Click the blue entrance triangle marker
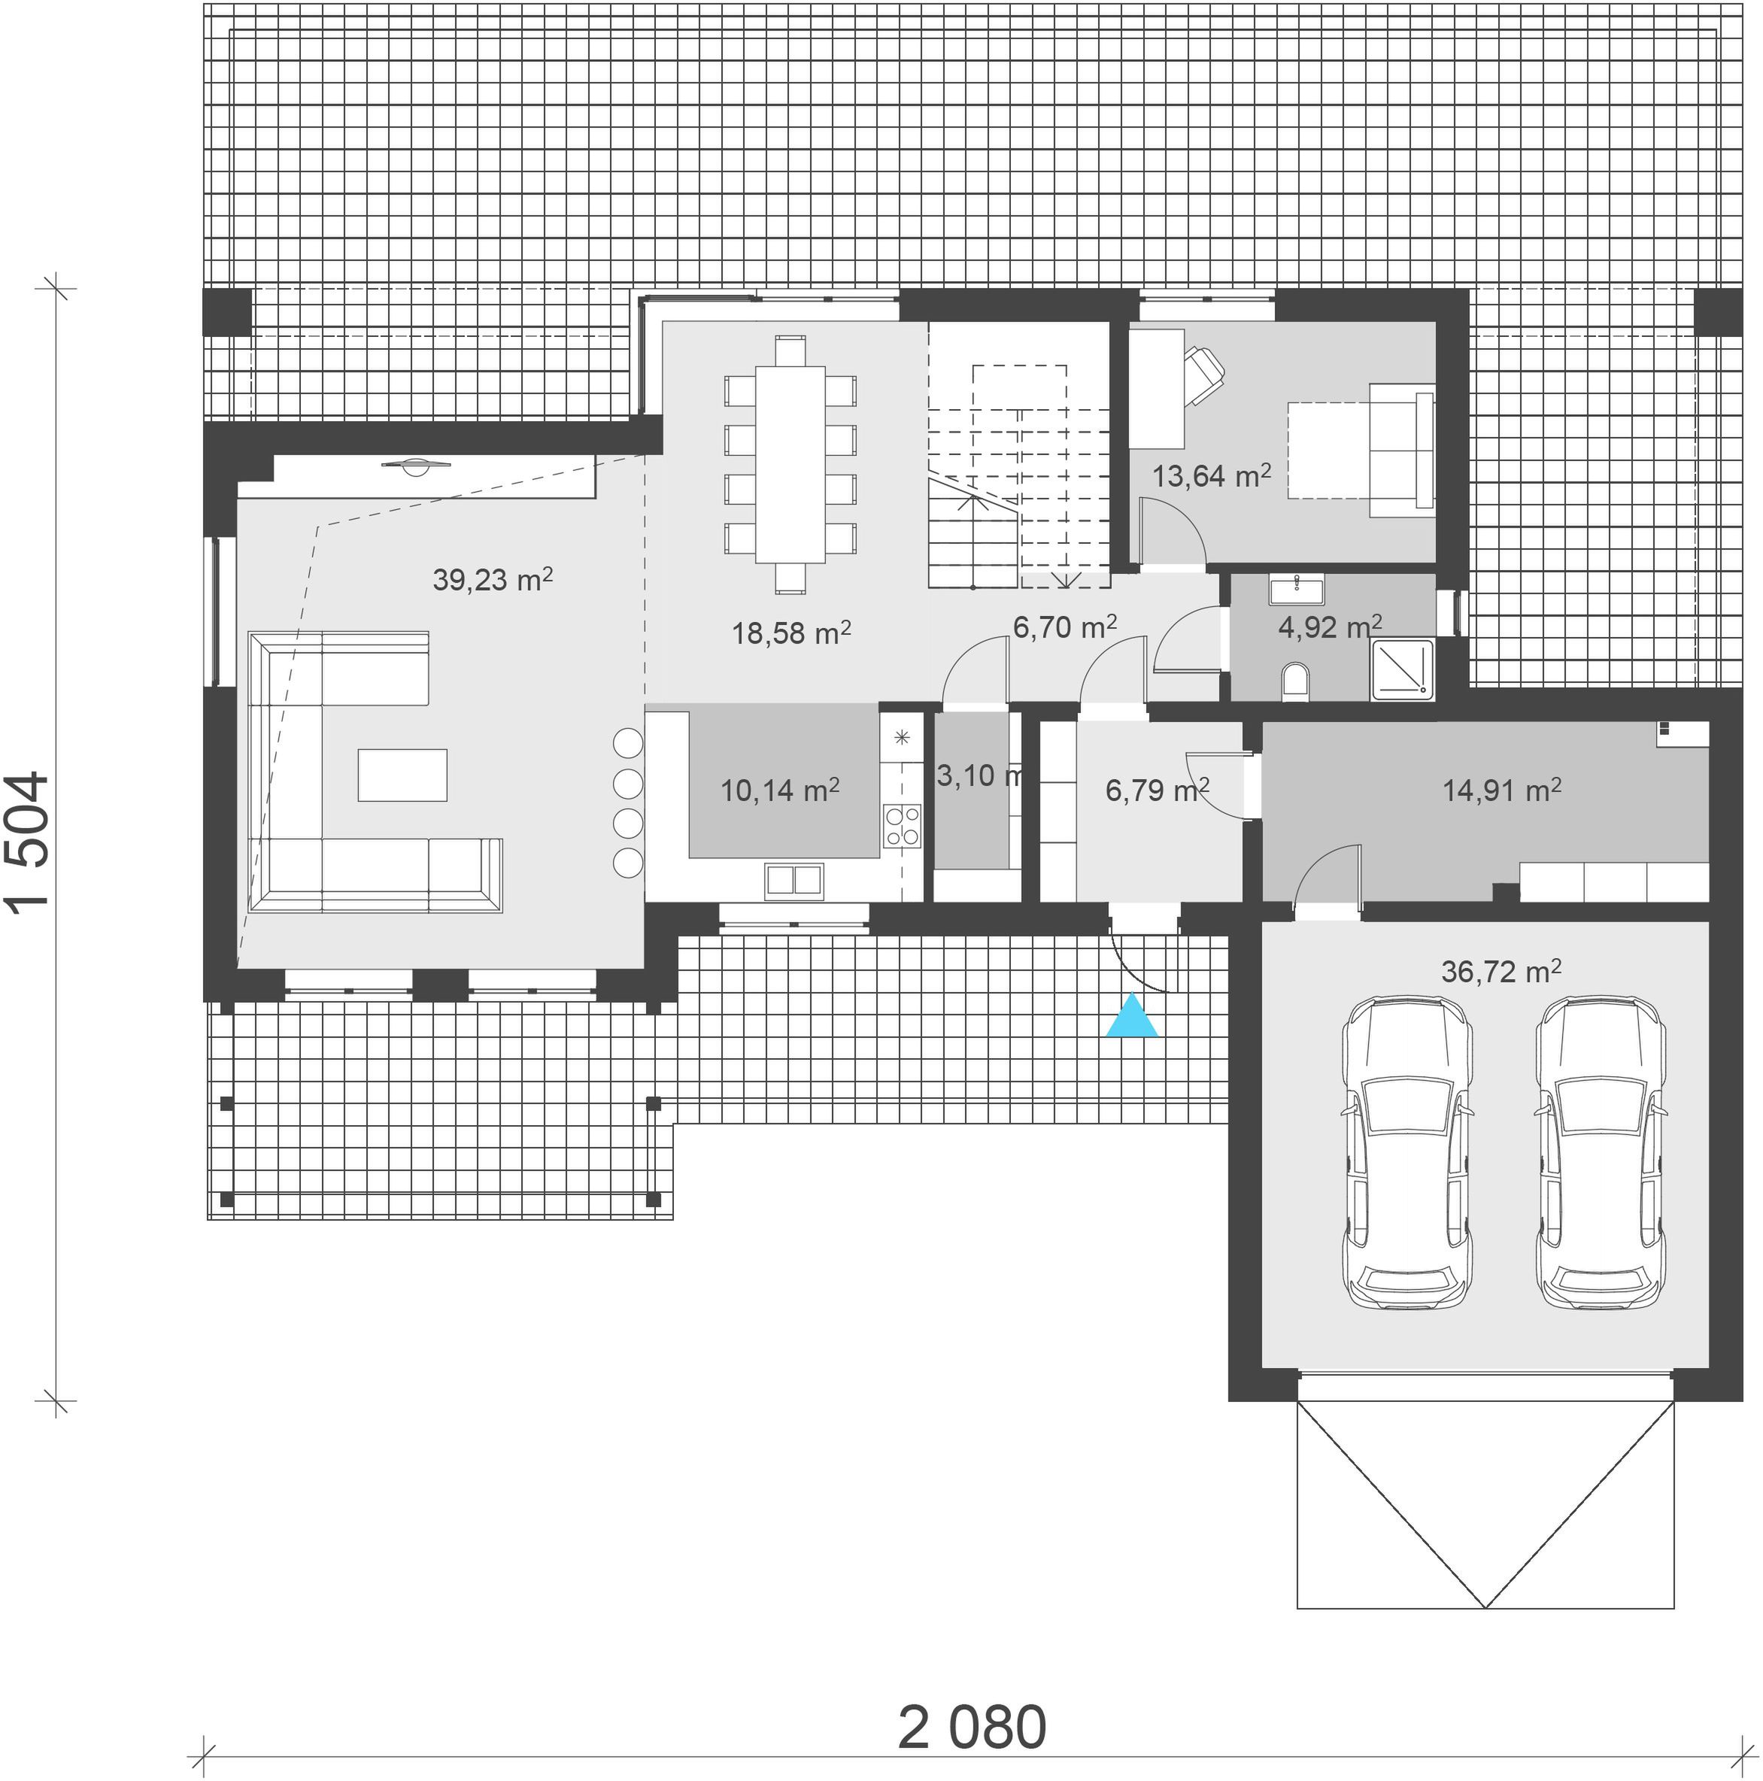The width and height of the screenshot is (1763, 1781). pos(1132,1017)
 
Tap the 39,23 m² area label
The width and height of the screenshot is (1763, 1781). pos(493,579)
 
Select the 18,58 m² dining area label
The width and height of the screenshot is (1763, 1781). pos(791,633)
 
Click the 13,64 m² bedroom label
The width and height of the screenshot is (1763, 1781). pos(1212,475)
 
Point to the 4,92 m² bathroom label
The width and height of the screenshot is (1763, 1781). pos(1330,627)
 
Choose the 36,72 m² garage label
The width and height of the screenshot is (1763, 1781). pos(1501,971)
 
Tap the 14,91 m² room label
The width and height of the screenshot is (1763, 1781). pos(1501,790)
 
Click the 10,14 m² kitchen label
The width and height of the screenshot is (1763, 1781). pos(779,790)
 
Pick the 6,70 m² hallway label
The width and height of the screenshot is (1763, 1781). pos(1065,627)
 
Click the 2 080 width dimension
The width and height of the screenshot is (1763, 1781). pos(972,1727)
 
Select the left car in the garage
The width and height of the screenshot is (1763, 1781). pos(1407,1151)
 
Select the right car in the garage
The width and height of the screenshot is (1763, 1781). pos(1601,1151)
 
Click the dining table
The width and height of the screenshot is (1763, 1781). pos(790,465)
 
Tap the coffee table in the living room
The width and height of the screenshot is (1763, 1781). pos(402,775)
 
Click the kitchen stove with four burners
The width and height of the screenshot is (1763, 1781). pos(902,825)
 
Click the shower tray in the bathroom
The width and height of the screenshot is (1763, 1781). pos(1403,667)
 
